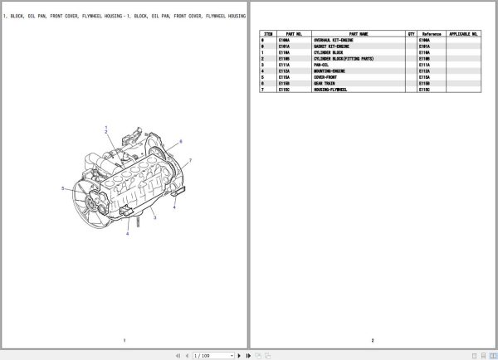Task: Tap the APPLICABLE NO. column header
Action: point(464,34)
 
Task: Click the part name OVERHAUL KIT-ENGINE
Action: point(334,40)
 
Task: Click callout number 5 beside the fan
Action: point(61,188)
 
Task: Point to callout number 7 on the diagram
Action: point(190,159)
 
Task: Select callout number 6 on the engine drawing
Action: point(182,141)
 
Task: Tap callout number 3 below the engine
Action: point(154,217)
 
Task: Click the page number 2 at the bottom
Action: point(373,341)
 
